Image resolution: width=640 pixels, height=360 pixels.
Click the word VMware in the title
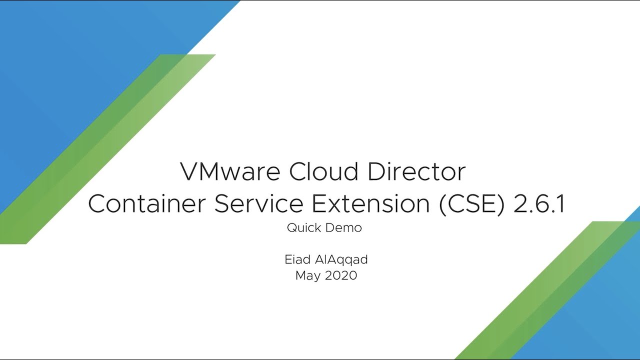pyautogui.click(x=230, y=171)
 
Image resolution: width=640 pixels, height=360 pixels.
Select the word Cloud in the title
pyautogui.click(x=323, y=171)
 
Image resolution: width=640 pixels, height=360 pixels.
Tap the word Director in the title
pyautogui.click(x=417, y=171)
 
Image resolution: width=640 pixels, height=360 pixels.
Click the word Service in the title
pyautogui.click(x=258, y=203)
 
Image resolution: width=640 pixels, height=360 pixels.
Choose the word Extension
pyautogui.click(x=370, y=203)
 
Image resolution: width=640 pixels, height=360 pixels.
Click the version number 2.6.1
pyautogui.click(x=539, y=203)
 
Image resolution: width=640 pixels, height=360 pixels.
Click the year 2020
pyautogui.click(x=341, y=275)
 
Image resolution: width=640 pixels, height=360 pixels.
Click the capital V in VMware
pyautogui.click(x=189, y=171)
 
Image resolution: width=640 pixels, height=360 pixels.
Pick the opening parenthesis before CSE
pyautogui.click(x=442, y=204)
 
